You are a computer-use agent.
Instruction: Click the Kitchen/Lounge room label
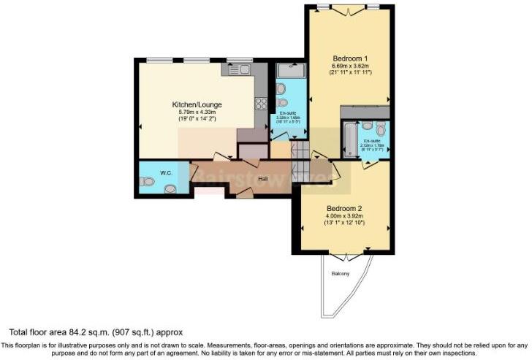(197, 104)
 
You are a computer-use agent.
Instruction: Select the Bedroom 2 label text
(344, 207)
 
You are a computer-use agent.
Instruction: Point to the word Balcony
(341, 274)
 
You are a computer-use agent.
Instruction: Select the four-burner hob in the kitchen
(261, 104)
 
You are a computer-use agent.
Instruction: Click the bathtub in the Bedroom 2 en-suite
(350, 135)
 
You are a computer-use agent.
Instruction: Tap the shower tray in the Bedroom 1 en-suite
(290, 71)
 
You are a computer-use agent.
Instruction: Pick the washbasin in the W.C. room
(170, 188)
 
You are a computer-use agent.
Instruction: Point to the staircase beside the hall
(299, 161)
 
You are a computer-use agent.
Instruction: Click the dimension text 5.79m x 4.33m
(197, 112)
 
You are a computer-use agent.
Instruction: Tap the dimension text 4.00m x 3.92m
(344, 215)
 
